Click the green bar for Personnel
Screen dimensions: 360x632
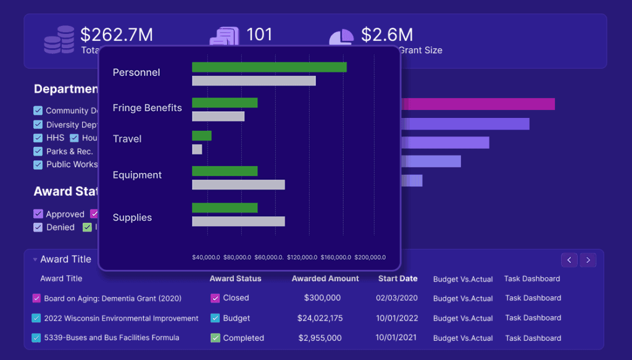tap(269, 67)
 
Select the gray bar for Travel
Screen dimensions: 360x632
tap(197, 149)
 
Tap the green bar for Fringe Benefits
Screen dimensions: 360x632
tap(225, 103)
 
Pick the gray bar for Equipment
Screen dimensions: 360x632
tap(238, 185)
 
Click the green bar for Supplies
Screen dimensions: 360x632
tap(225, 207)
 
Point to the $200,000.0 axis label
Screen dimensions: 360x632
tap(370, 257)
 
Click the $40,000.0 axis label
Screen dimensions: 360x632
tap(206, 257)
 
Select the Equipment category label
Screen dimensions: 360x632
tap(137, 175)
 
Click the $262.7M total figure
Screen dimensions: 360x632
tap(117, 35)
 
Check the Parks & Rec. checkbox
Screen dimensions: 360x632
tap(38, 151)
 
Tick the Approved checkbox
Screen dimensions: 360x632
tap(38, 214)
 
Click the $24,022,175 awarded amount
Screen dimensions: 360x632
tap(319, 318)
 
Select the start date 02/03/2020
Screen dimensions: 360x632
tap(397, 298)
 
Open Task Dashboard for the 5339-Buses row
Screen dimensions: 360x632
tap(533, 338)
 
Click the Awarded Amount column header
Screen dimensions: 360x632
tap(325, 278)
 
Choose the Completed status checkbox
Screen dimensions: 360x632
tap(215, 338)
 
